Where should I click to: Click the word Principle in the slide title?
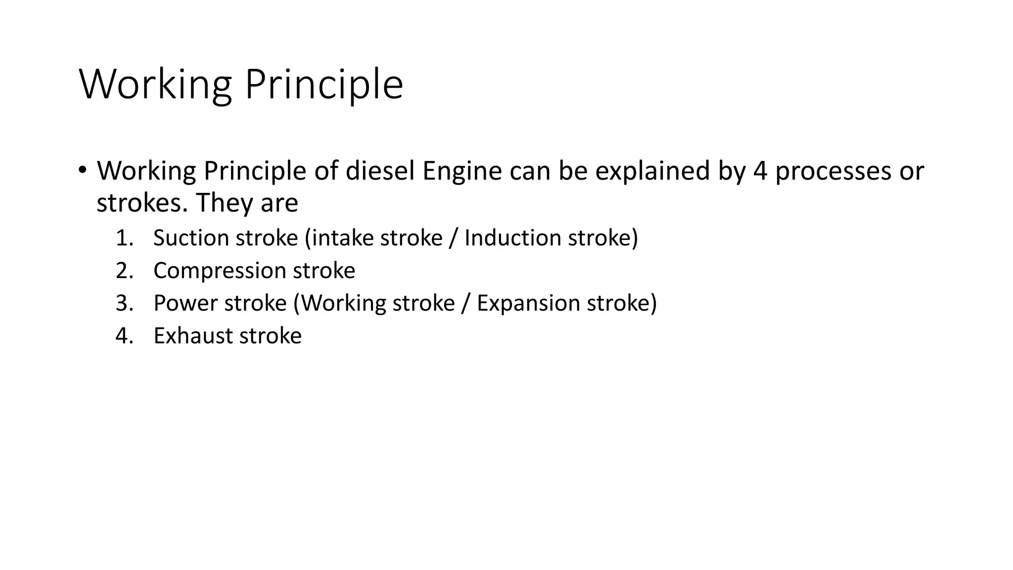324,85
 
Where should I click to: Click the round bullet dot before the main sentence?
82,170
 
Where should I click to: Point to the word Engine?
462,172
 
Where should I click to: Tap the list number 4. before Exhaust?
125,336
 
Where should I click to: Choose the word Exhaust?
193,336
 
